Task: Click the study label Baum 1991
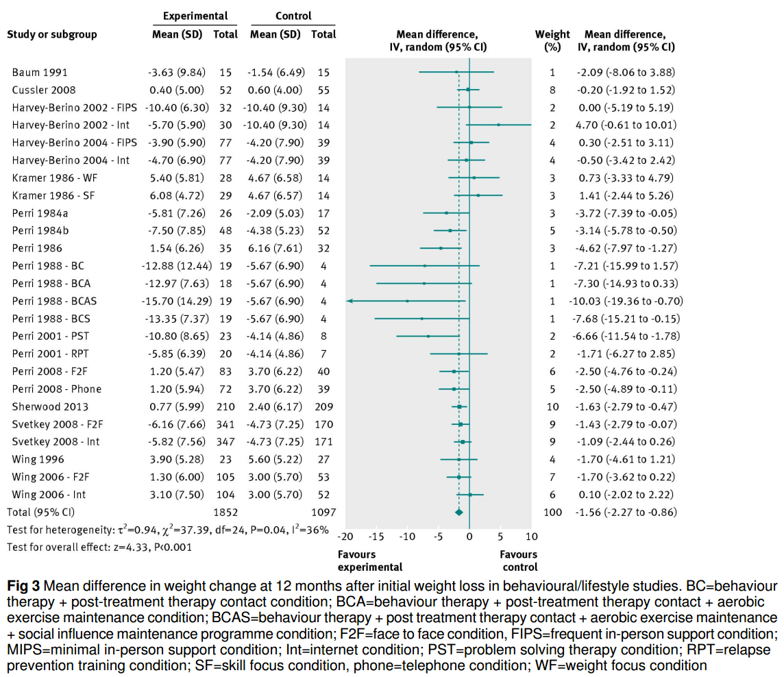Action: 40,72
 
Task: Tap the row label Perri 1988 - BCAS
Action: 55,301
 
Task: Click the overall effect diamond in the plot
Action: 459,512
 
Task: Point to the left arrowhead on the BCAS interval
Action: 350,301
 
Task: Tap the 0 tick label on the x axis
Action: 469,536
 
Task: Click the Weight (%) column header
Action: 552,40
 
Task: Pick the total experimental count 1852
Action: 225,512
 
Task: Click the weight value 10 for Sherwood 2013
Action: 552,406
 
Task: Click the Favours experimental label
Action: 370,561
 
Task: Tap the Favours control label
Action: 518,561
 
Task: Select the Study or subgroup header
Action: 51,34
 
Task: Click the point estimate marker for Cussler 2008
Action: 468,90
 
